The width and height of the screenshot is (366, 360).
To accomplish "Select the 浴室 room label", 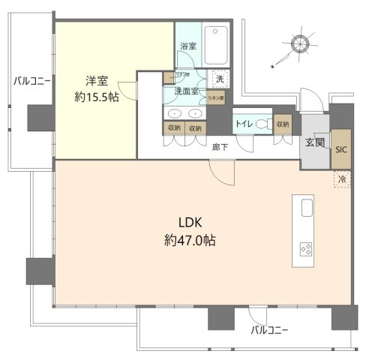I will pyautogui.click(x=187, y=46).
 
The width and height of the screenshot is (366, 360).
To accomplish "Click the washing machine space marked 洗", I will pyautogui.click(x=220, y=79).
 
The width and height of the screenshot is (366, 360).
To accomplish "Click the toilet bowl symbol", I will pyautogui.click(x=262, y=124).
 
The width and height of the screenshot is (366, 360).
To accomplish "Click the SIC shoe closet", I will pyautogui.click(x=341, y=148).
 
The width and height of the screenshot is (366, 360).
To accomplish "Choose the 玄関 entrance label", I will pyautogui.click(x=314, y=143).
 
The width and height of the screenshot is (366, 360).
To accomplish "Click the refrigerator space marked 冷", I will pyautogui.click(x=342, y=179).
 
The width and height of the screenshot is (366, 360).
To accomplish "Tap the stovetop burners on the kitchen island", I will pyautogui.click(x=305, y=249).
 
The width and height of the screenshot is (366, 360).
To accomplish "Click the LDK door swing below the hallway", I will pyautogui.click(x=222, y=173).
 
